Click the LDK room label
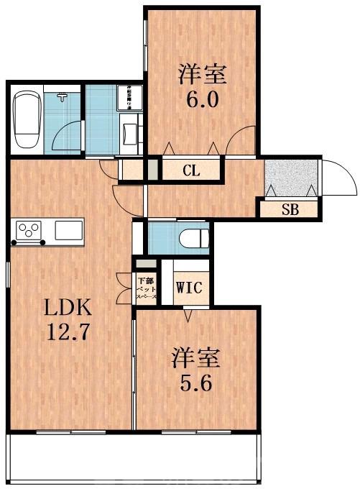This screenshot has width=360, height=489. coord(70,309)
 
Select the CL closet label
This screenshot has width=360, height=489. coord(190,170)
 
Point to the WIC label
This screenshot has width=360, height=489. coord(189,288)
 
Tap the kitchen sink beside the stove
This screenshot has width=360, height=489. coord(68,230)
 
